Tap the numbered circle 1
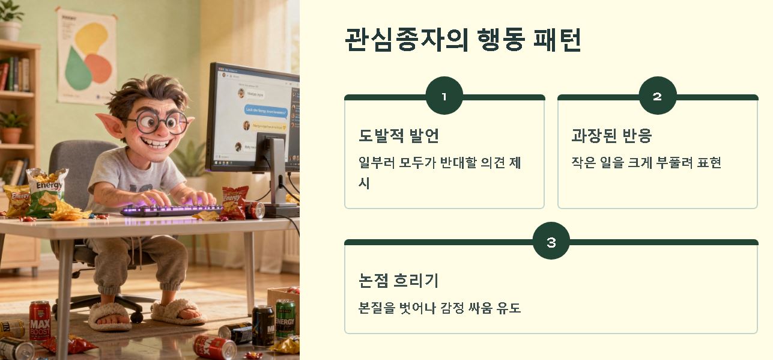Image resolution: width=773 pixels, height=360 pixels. (444, 96)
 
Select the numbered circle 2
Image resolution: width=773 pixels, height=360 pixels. (657, 96)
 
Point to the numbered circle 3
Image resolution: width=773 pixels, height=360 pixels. (551, 242)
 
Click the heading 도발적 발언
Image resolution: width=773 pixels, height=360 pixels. (399, 135)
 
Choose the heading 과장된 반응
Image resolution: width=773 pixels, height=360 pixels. (611, 135)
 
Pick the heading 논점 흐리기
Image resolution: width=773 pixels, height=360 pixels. (399, 281)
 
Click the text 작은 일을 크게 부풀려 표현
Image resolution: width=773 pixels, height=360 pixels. (646, 162)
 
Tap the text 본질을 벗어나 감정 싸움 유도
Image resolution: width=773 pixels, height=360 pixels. (440, 308)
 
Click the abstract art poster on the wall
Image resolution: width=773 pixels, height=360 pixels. (87, 57)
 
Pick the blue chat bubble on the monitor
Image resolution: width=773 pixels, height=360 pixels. (265, 110)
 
